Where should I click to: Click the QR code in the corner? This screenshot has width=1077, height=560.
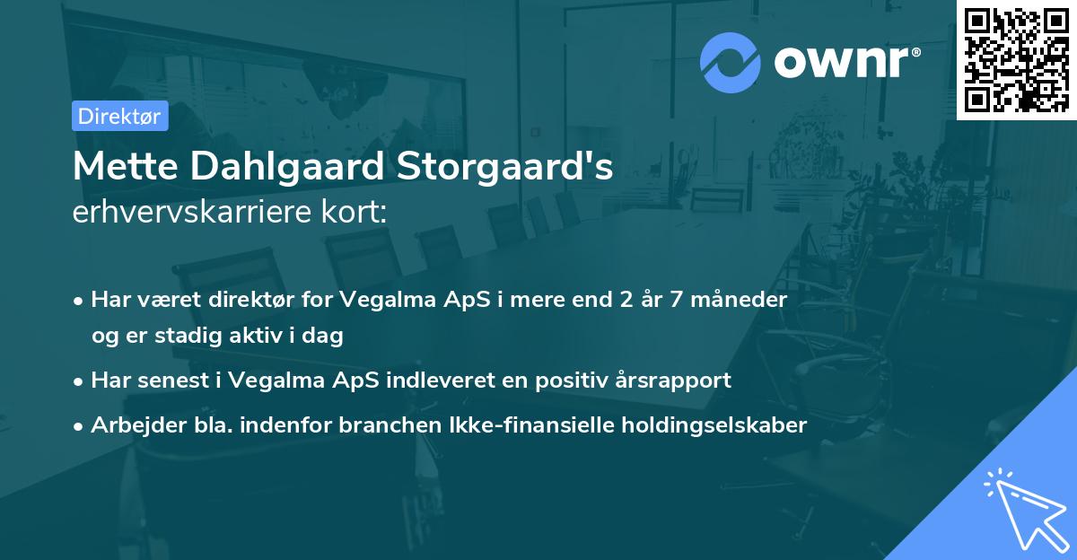1016,60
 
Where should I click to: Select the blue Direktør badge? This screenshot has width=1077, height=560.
119,116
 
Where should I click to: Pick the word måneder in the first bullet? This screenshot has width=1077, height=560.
741,300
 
